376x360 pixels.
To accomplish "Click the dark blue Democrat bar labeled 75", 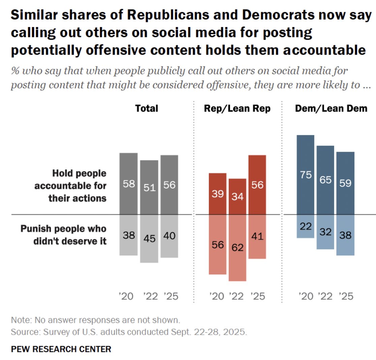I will pyautogui.click(x=305, y=175).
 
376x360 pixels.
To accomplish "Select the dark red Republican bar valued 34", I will pyautogui.click(x=237, y=197).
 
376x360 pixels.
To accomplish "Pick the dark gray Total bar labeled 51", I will pyautogui.click(x=149, y=187).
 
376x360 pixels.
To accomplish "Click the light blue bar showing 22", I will pyautogui.click(x=305, y=226).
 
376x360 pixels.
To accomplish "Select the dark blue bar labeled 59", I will pyautogui.click(x=345, y=183).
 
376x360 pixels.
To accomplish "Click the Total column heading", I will pyautogui.click(x=147, y=109).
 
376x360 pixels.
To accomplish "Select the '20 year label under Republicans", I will pyautogui.click(x=217, y=296).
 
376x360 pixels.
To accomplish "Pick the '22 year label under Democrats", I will pyautogui.click(x=325, y=296).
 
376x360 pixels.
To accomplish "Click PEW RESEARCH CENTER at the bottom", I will pyautogui.click(x=61, y=349).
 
